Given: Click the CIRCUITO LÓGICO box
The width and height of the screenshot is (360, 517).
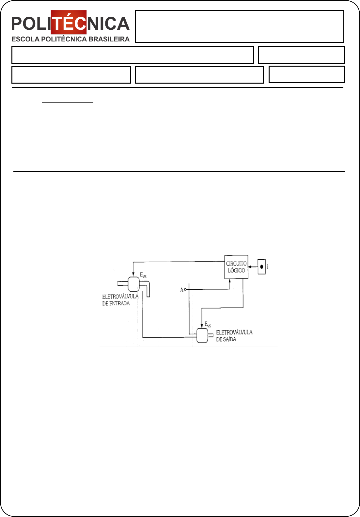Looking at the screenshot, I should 236,267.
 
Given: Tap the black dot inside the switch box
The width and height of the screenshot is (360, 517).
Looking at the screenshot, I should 261,267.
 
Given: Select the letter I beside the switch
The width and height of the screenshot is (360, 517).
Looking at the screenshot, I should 268,267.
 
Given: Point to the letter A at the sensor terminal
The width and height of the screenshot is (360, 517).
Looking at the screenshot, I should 182,290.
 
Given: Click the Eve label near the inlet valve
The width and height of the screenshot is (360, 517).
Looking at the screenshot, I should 143,275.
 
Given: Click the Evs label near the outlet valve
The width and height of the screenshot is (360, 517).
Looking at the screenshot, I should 208,324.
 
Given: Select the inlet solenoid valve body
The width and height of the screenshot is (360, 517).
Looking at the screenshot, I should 134,284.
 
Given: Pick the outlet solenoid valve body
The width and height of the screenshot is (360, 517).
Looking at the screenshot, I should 202,335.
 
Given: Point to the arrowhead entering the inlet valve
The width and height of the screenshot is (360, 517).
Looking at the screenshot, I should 133,274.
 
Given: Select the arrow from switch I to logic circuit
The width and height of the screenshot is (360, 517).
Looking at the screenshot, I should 252,267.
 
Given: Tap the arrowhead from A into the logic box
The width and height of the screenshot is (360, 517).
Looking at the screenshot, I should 230,281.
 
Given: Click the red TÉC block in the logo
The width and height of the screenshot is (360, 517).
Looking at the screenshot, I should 69,23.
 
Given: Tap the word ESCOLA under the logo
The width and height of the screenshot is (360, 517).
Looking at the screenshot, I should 25,39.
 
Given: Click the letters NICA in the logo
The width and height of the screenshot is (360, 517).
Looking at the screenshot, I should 108,24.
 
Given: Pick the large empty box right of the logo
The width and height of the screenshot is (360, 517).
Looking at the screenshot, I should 239,26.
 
